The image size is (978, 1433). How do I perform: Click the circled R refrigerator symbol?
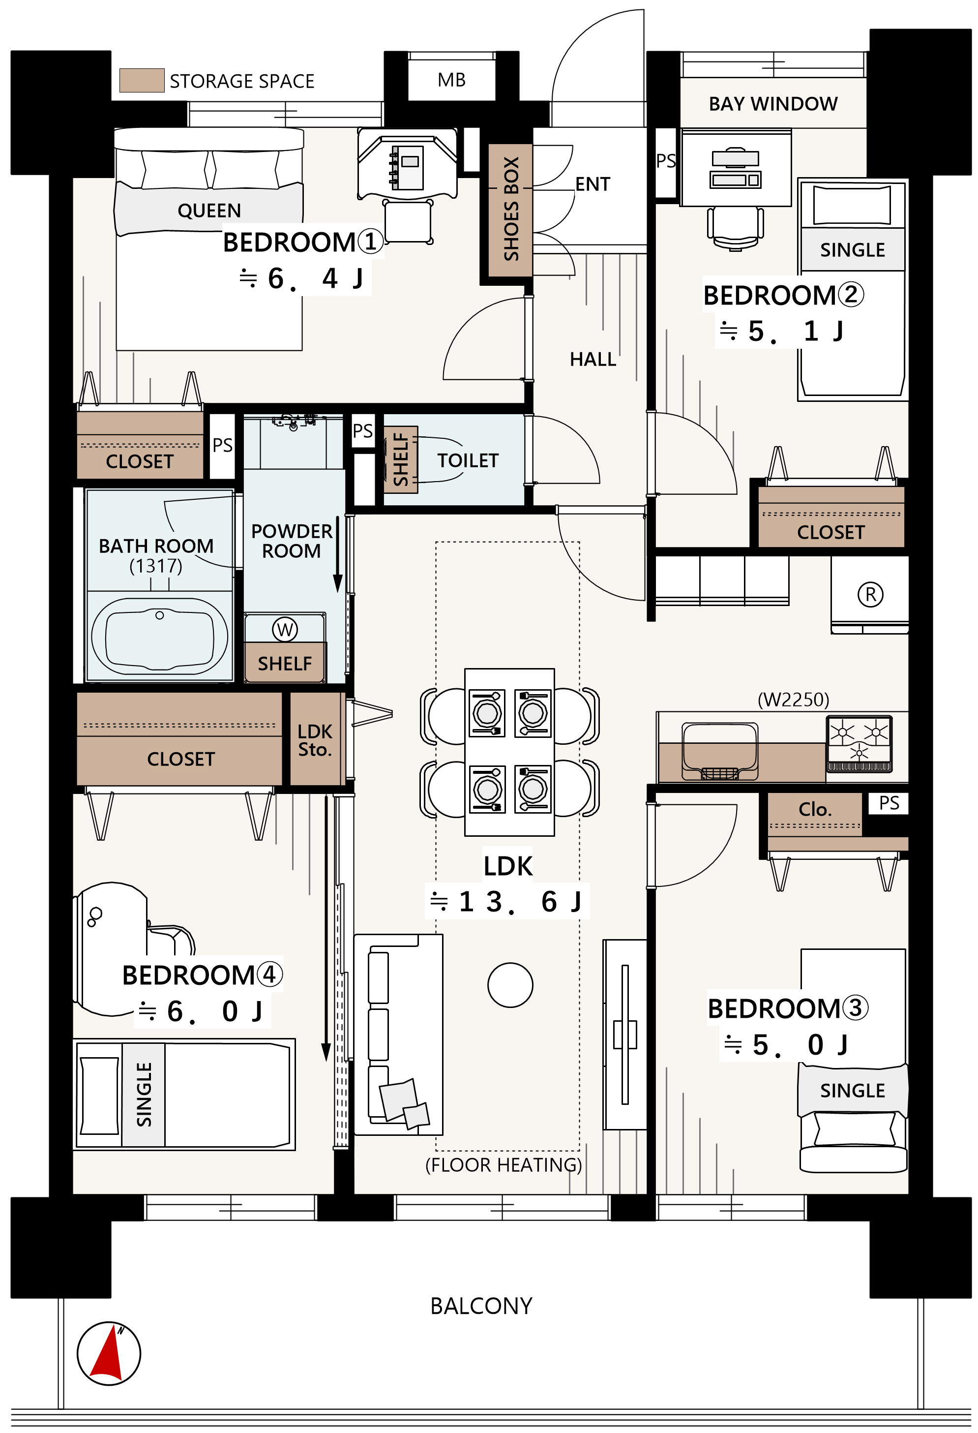[x=870, y=594]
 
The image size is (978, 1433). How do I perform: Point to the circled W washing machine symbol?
[x=285, y=630]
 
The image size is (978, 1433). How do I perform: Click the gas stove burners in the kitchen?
[x=859, y=743]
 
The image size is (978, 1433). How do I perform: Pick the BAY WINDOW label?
[x=773, y=104]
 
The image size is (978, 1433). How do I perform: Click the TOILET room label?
[x=468, y=460]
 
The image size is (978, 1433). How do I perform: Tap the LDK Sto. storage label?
[x=315, y=740]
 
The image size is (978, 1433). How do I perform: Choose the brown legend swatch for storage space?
[x=142, y=80]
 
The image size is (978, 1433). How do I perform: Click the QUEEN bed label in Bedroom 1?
[x=209, y=211]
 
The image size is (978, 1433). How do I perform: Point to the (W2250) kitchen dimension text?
[x=793, y=700]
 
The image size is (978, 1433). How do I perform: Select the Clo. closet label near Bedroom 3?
[x=815, y=809]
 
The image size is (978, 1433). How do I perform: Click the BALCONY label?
[x=481, y=1306]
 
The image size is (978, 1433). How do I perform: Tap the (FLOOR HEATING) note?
[x=504, y=1165]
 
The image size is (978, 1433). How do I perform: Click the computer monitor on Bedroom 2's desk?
[x=735, y=157]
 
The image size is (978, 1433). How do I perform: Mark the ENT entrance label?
[x=593, y=184]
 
